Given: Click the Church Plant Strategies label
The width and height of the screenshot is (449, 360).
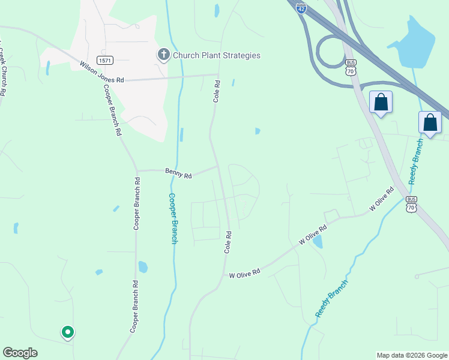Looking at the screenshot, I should (217, 55).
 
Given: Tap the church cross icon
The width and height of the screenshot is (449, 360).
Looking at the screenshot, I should (163, 55).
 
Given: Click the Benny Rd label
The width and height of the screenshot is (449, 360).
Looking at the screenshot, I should (178, 173).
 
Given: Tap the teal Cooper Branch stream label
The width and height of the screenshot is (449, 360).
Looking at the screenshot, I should (172, 218).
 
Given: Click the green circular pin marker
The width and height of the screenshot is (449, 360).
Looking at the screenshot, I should (68, 331).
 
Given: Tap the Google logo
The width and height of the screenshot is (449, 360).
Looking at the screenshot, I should (20, 353).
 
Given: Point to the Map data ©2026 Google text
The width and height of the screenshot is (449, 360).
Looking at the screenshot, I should (411, 355).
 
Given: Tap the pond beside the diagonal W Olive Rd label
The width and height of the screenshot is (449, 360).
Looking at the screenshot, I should (317, 241).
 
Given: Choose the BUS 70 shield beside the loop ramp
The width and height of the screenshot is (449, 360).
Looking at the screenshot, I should (351, 67).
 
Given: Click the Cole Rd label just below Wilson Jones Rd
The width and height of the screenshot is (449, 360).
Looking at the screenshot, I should (216, 91).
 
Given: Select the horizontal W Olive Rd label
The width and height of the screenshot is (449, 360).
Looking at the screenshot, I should (244, 274).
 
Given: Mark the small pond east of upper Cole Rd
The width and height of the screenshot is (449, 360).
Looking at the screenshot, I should (258, 131).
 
